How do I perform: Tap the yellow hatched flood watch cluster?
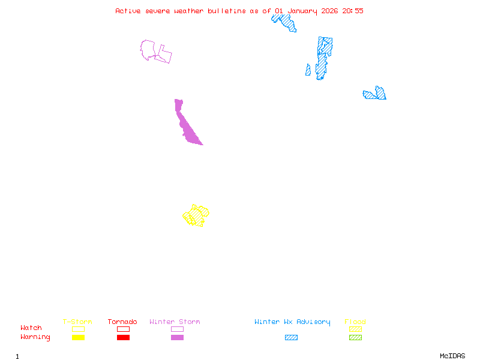tap(196, 215)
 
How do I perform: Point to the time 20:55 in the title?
tap(353, 11)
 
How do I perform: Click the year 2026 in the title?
tap(329, 11)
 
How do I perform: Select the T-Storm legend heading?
tap(77, 322)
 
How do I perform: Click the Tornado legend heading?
tap(122, 322)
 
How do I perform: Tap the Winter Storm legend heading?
tap(175, 322)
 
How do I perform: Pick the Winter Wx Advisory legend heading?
tap(292, 322)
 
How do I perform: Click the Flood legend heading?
tap(355, 322)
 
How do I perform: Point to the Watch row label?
tap(31, 328)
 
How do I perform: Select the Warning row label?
tap(35, 337)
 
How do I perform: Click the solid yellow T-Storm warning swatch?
tap(78, 338)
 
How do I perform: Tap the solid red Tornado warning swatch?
tap(123, 338)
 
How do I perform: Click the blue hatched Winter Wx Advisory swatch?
tap(291, 338)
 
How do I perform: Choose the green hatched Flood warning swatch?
tap(355, 338)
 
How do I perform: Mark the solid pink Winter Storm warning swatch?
tap(177, 338)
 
